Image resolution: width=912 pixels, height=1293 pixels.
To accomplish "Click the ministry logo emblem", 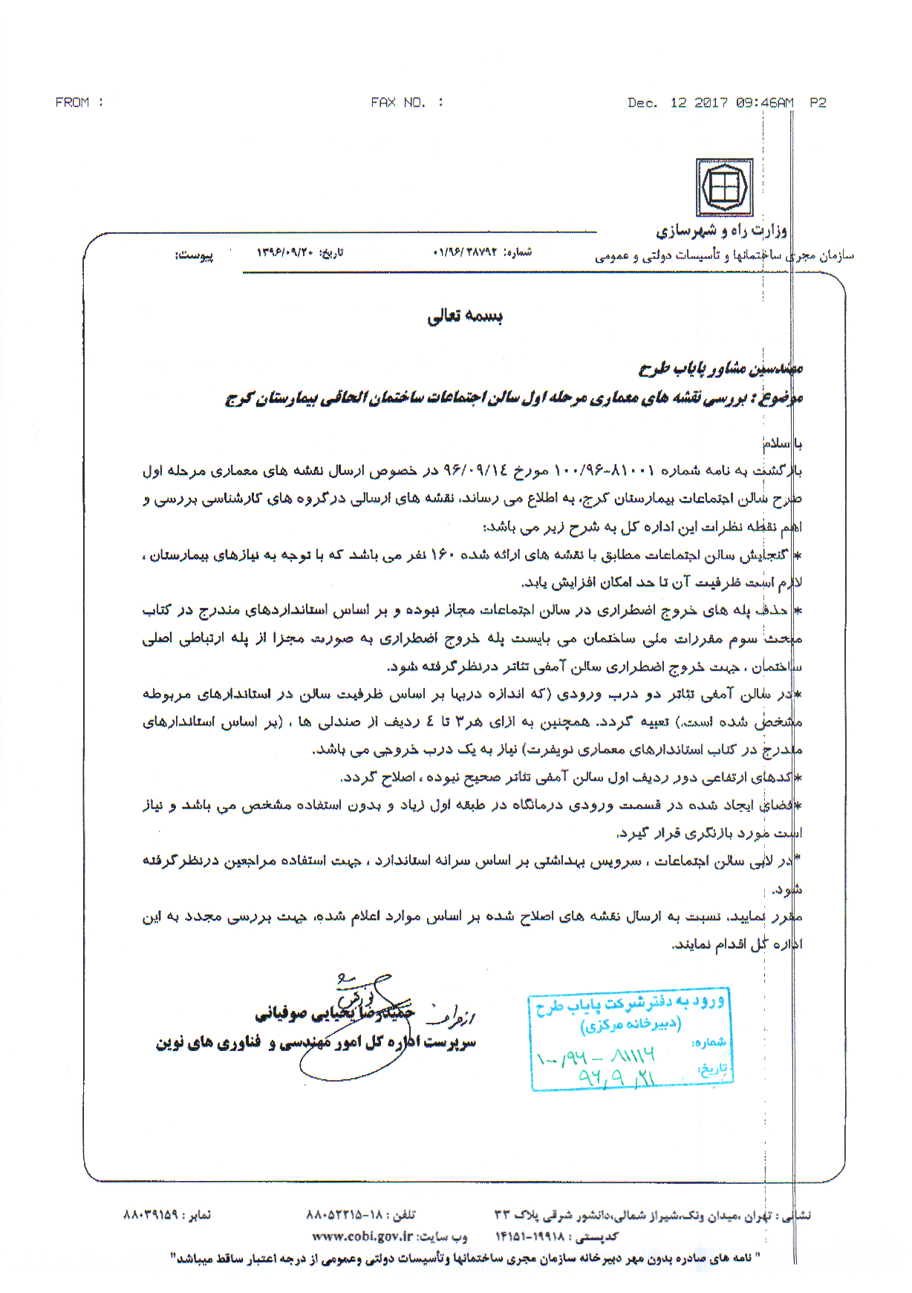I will click(724, 188).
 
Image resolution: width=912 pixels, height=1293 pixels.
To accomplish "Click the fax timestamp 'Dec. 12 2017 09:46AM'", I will click(710, 103).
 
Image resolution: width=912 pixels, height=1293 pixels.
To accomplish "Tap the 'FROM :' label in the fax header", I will click(79, 102).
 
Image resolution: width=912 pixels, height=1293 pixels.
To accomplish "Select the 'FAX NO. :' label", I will click(407, 102).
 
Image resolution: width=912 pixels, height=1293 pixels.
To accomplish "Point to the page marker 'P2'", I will click(818, 103).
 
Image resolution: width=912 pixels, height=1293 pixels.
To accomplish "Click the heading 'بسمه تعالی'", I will click(465, 317).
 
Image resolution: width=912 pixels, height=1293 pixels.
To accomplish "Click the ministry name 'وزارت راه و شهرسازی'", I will click(720, 231).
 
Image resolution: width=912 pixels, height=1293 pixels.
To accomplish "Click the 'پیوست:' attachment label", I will click(194, 255).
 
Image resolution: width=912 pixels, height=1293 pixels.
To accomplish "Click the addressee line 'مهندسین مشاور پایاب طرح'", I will click(720, 367).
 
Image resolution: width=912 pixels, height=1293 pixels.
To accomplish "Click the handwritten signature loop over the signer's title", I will click(349, 1054).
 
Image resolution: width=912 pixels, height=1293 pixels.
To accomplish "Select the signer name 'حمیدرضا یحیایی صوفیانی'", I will click(334, 1013).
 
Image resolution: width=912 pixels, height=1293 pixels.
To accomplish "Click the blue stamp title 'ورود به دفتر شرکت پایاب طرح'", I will click(630, 1004).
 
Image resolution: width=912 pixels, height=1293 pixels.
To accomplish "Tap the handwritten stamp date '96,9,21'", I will click(616, 1077).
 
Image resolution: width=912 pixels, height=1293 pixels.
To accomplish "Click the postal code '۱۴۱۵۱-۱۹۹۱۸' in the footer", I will click(530, 1237).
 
